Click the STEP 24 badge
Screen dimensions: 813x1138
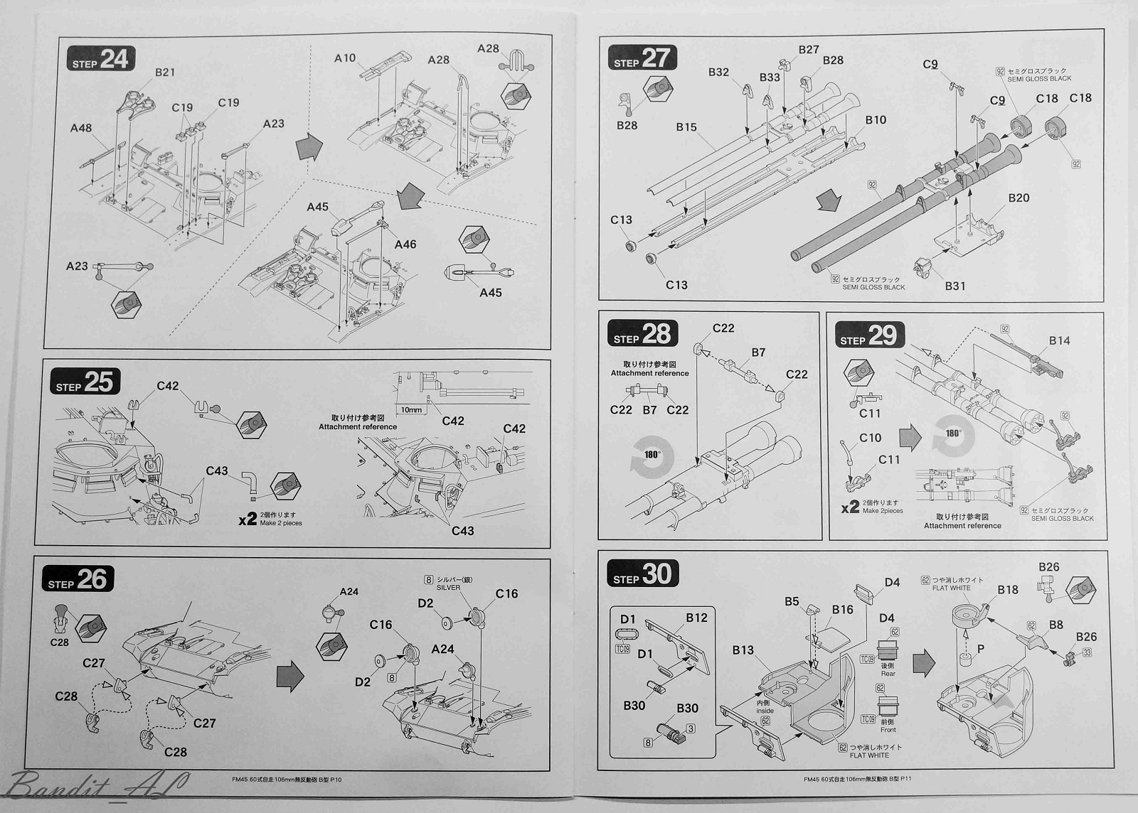click(100, 60)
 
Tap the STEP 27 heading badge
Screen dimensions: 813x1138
click(642, 58)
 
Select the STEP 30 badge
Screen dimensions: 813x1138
click(642, 574)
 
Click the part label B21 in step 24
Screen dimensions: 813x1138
click(165, 72)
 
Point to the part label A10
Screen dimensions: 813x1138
click(345, 58)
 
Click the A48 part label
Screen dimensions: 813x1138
click(81, 128)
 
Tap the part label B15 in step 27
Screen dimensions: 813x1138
click(686, 127)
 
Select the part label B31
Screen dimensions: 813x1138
click(955, 286)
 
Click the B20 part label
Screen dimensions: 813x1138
click(1019, 198)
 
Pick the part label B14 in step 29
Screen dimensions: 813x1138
click(1059, 340)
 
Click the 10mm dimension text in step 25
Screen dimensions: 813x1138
click(411, 410)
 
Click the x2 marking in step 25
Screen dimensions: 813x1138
click(248, 519)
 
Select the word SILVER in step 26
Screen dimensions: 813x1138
click(448, 587)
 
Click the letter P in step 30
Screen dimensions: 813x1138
click(982, 649)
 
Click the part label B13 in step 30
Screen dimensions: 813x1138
click(743, 650)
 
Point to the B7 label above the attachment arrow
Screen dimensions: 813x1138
click(758, 352)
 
